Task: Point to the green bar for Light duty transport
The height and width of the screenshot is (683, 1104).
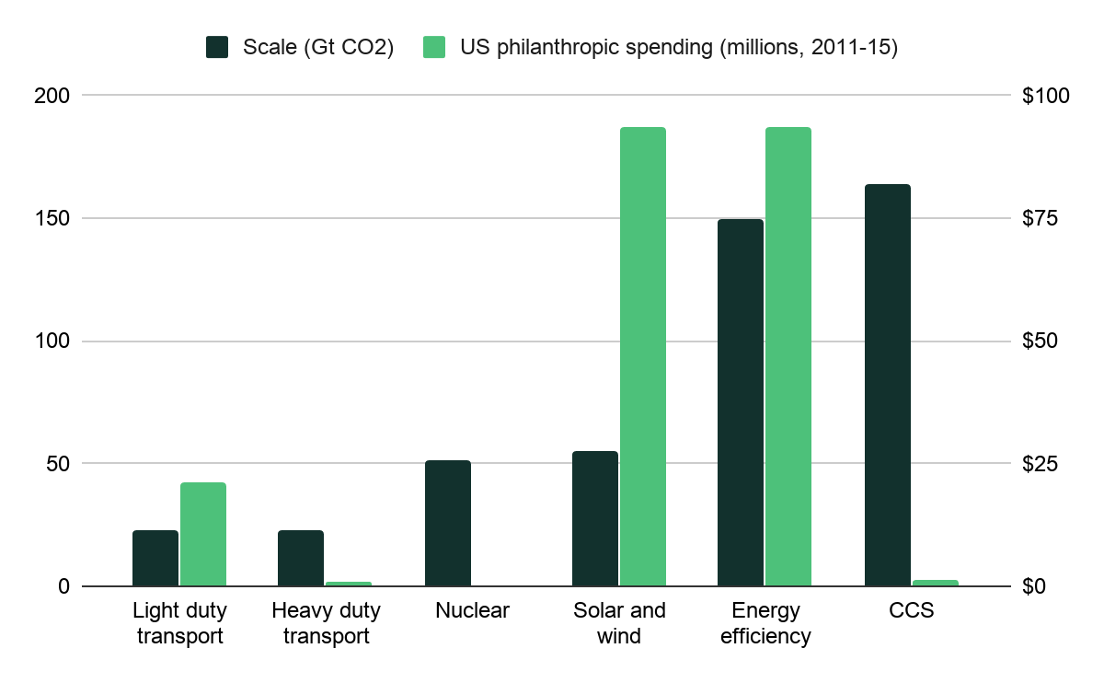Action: tap(203, 534)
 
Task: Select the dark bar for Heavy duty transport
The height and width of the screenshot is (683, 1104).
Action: tap(301, 558)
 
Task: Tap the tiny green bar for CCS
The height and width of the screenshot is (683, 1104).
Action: tap(935, 583)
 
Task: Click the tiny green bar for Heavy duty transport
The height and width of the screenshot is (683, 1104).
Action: tap(349, 584)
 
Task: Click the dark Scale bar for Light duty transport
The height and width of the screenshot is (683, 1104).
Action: tap(155, 558)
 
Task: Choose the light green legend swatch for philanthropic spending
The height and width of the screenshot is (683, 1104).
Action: tap(434, 48)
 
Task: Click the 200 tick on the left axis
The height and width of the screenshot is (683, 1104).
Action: tap(51, 96)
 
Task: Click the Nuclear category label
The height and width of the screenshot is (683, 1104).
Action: tap(472, 610)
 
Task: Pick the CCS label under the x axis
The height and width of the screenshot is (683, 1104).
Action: tap(912, 610)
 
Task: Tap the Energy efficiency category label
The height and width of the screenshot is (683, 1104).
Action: tap(765, 623)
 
